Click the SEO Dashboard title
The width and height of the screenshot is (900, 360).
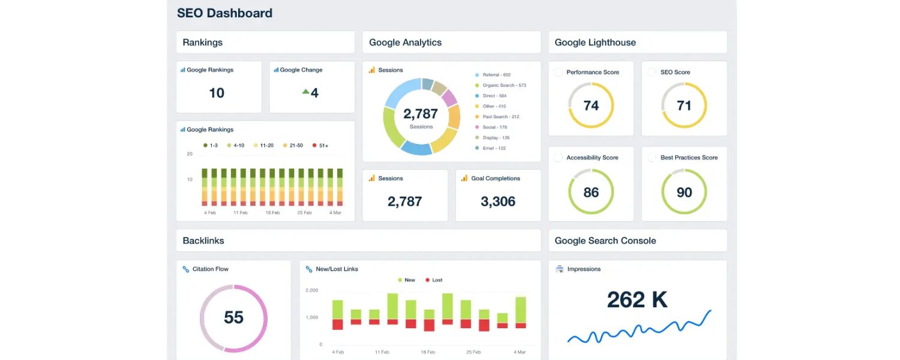[224, 13]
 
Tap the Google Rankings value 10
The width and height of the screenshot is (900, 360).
[217, 93]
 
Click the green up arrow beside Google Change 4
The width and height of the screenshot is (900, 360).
[305, 92]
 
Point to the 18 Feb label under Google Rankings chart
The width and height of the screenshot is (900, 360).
[272, 212]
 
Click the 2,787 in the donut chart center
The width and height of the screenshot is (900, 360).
[421, 114]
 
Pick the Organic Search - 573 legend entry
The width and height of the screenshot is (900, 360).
[503, 85]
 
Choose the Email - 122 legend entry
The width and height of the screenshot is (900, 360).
[494, 148]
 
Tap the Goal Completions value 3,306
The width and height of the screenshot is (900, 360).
[498, 202]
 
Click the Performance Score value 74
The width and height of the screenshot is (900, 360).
[591, 106]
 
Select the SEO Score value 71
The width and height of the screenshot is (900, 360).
[684, 106]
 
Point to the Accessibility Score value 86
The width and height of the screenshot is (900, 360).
[591, 192]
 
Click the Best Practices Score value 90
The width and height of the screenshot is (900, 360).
[684, 192]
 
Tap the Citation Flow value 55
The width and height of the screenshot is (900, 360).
[233, 317]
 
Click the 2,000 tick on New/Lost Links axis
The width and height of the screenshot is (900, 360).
[312, 290]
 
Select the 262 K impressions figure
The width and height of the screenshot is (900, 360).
[637, 299]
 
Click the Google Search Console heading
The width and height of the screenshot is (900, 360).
[605, 241]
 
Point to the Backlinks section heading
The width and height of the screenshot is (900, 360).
[203, 241]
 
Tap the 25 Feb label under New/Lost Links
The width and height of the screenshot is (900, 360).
[474, 352]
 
